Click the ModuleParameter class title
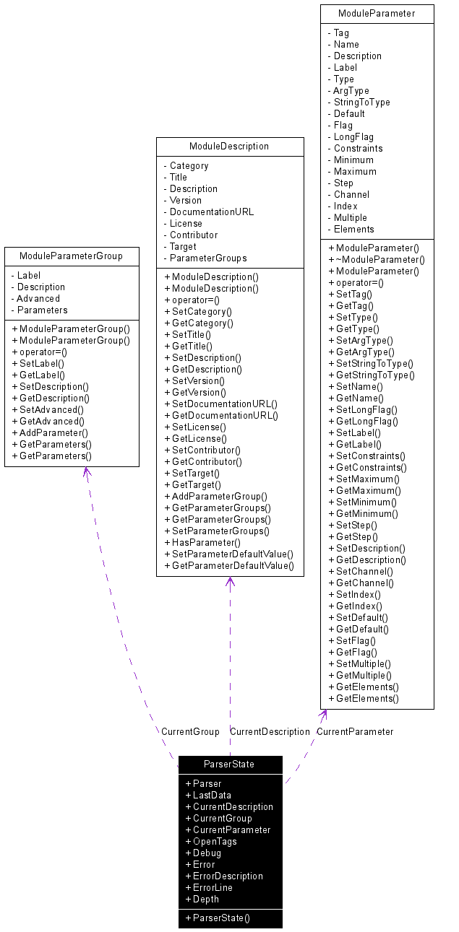(x=377, y=13)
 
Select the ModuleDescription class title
(x=229, y=146)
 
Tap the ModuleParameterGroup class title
(x=71, y=256)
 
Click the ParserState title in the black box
(x=229, y=764)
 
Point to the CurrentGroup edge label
(x=190, y=731)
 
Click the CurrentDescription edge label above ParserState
(x=269, y=731)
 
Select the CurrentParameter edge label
(x=355, y=731)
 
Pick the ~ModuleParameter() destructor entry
(x=376, y=259)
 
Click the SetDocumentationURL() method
(x=224, y=404)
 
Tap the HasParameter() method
(x=206, y=542)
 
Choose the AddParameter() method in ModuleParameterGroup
(x=50, y=432)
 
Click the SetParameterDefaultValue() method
(x=228, y=554)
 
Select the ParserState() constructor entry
(x=218, y=918)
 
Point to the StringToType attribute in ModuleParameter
(x=361, y=102)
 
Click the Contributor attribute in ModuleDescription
(x=193, y=235)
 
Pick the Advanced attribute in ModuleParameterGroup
(x=38, y=298)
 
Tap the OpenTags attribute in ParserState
(x=215, y=841)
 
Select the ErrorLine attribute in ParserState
(x=213, y=887)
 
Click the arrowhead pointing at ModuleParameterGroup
(x=86, y=471)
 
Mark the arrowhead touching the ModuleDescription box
(x=230, y=581)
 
